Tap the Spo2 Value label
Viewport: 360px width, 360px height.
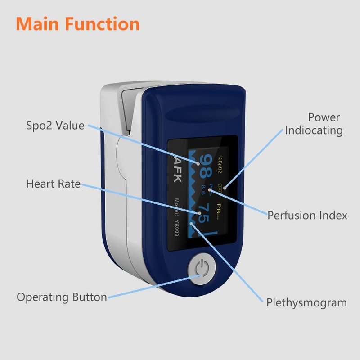pyautogui.click(x=55, y=126)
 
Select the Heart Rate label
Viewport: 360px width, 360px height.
pyautogui.click(x=53, y=184)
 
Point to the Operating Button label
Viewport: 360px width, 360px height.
pyautogui.click(x=62, y=297)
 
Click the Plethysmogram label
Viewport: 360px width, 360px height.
pyautogui.click(x=306, y=302)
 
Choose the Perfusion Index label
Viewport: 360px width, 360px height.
pyautogui.click(x=307, y=215)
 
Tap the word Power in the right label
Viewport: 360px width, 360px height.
pyautogui.click(x=324, y=117)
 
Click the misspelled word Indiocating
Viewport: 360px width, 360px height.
pyautogui.click(x=314, y=130)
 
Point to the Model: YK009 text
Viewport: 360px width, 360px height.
pyautogui.click(x=177, y=218)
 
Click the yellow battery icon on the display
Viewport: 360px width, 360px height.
pyautogui.click(x=220, y=186)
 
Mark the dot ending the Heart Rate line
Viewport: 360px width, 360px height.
pyautogui.click(x=198, y=212)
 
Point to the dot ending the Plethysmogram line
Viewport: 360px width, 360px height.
pyautogui.click(x=192, y=223)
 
